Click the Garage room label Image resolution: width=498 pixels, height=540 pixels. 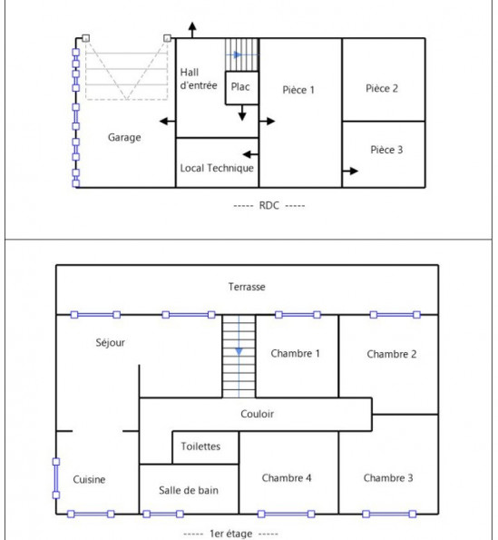pos(124,137)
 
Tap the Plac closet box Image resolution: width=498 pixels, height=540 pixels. pos(241,88)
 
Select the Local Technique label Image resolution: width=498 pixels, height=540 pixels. pos(217,168)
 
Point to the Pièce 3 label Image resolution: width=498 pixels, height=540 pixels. pos(386,150)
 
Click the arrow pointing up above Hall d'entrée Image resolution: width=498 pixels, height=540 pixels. pos(192,30)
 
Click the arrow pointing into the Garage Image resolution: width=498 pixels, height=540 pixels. pos(168,122)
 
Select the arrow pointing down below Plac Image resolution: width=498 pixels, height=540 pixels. pos(242,113)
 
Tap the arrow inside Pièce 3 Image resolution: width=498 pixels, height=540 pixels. pos(350,171)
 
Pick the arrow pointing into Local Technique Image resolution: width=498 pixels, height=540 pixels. pos(250,154)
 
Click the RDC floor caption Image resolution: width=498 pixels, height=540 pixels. pos(269,206)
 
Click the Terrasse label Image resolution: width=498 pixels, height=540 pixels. pos(247,287)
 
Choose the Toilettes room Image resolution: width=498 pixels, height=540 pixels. pos(205,447)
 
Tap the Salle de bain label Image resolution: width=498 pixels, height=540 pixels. pos(189,490)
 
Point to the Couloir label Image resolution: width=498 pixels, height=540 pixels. pos(257,414)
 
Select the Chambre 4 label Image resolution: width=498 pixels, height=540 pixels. pos(287,478)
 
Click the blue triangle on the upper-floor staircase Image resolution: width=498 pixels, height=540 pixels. pos(239,351)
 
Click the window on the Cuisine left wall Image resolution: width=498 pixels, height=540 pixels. pos(56,478)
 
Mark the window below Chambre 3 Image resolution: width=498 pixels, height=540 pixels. pos(389,515)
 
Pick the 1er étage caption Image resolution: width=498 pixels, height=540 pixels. pos(231,534)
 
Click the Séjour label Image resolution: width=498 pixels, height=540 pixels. pos(110,343)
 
